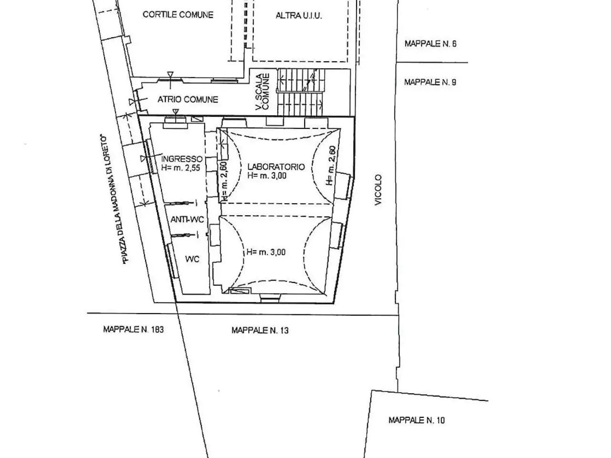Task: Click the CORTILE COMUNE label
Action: [178, 15]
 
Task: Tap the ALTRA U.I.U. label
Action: [299, 16]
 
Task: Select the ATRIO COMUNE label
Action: [188, 100]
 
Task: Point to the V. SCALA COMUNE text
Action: [263, 92]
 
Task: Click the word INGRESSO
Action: [182, 159]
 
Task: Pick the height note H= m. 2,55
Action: [180, 168]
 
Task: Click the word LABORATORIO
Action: [276, 167]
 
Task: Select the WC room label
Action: [192, 259]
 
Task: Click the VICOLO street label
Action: [378, 190]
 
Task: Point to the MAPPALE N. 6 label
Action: [431, 44]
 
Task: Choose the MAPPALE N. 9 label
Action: [430, 83]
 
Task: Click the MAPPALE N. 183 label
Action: [133, 330]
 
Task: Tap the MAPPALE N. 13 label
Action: [260, 330]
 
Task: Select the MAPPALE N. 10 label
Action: [416, 420]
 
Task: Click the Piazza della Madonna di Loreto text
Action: [114, 199]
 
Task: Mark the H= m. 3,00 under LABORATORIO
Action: [267, 176]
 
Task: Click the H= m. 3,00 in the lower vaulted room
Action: [266, 252]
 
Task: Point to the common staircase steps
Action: [301, 93]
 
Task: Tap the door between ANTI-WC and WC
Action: [184, 235]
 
